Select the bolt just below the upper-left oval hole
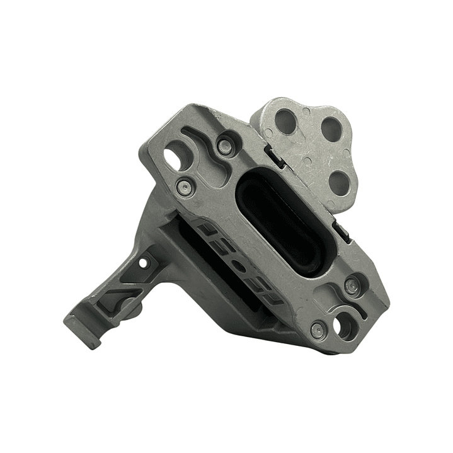click(183, 185)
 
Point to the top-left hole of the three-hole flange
click(285, 121)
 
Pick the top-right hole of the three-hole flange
click(331, 129)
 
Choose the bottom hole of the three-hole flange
click(340, 182)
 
